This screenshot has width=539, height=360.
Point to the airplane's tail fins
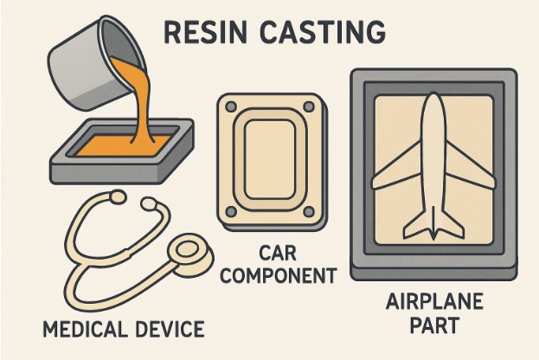tap(433, 228)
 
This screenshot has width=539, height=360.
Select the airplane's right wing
tap(472, 173)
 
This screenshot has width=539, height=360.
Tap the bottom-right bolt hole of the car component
tap(311, 210)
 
